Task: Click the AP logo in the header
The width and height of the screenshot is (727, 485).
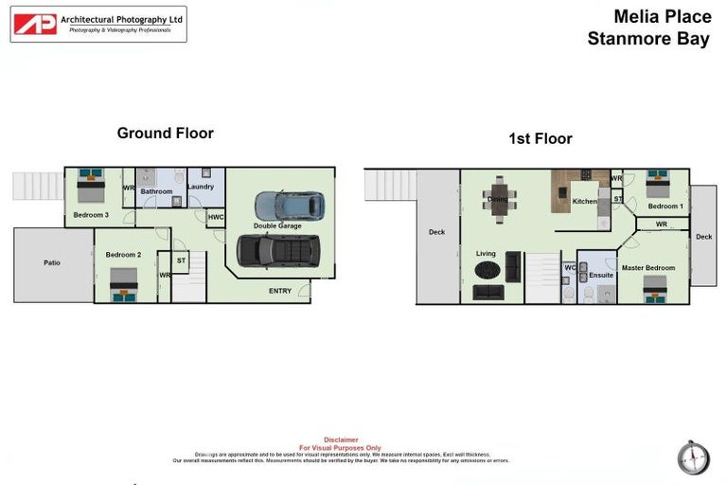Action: [35, 24]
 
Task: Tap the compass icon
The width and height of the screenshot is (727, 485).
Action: [693, 458]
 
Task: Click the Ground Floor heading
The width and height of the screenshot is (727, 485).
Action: [165, 134]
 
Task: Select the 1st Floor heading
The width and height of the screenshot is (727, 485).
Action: [540, 138]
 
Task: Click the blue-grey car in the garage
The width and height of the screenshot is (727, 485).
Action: [289, 206]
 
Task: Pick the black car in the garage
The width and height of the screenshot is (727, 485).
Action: [278, 250]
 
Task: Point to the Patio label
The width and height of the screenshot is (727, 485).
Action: [52, 262]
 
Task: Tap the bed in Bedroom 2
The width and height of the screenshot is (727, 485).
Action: [123, 284]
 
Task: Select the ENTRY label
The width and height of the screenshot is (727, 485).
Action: [280, 291]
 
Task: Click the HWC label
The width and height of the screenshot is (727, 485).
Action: [215, 218]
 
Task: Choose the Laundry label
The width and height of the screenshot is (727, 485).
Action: [201, 187]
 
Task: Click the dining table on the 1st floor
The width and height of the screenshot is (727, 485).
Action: [499, 198]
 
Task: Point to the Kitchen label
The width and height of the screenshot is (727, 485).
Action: [585, 202]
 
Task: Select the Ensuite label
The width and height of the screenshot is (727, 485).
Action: [601, 276]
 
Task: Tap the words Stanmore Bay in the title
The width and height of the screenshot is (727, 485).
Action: [647, 39]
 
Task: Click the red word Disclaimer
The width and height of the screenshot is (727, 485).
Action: [341, 440]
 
